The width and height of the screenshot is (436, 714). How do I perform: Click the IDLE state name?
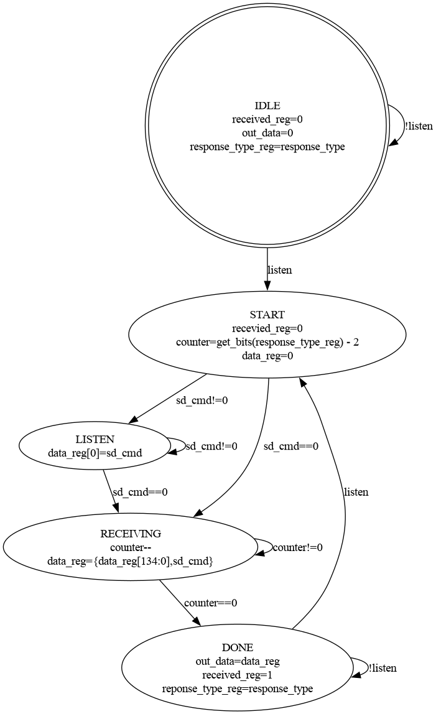coord(267,105)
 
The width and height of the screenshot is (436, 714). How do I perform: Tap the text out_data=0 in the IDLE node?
coord(267,133)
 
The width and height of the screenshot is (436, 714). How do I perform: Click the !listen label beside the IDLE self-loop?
coord(419,126)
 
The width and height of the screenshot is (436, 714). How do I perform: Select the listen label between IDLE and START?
coord(280,270)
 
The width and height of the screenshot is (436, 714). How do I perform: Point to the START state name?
coord(267,314)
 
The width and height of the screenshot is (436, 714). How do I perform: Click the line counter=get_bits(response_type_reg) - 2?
coord(267,342)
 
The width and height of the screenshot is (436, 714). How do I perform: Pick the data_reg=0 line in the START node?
coord(267,356)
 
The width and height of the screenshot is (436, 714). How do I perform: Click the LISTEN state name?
coord(95,439)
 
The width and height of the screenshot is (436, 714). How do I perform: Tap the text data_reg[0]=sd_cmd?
coord(95,453)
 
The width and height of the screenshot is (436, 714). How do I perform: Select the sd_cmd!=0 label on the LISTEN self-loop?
coord(211,446)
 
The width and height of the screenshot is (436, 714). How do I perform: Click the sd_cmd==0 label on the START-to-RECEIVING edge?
coord(291,446)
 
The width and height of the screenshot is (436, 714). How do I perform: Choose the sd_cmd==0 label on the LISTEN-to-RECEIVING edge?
coord(140,491)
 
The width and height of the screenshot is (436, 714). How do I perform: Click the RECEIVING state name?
coord(131,534)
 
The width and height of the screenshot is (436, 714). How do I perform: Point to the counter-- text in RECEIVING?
coord(131,547)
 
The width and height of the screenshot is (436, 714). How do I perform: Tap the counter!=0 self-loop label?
coord(297,547)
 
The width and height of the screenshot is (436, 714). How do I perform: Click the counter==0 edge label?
coord(211,603)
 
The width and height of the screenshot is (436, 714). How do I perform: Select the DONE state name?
coord(238,647)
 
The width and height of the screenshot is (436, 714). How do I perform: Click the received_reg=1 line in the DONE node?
coord(238,675)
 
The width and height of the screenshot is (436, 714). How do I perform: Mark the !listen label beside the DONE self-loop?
coord(382,668)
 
